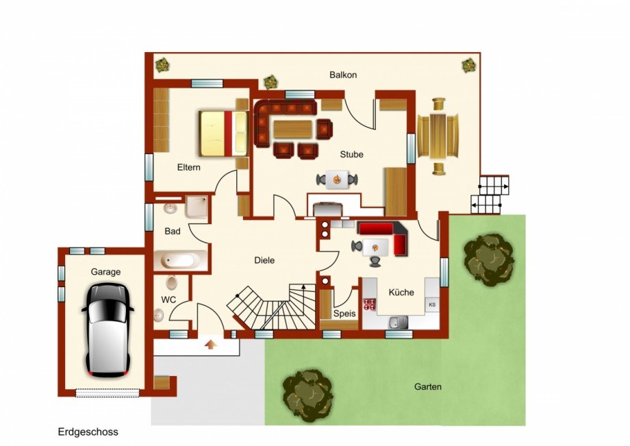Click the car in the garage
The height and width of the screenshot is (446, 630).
[108, 330]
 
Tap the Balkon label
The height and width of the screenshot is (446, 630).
[343, 75]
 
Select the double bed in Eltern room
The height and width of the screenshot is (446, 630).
[223, 133]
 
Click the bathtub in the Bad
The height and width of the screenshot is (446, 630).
[180, 260]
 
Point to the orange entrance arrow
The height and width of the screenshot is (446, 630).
[210, 345]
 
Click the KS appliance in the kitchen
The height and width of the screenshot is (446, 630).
[432, 304]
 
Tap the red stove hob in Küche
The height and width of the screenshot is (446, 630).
[370, 305]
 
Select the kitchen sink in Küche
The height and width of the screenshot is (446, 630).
[398, 321]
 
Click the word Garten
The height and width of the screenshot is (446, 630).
[428, 386]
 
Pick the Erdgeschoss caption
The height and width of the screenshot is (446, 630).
[88, 432]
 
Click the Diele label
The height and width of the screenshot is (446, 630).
[264, 260]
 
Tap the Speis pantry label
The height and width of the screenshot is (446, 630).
[344, 313]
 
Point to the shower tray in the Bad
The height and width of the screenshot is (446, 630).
[196, 206]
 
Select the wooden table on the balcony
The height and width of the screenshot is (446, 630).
[438, 136]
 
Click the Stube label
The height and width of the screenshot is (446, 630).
[351, 154]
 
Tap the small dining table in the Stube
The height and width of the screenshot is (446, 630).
[337, 179]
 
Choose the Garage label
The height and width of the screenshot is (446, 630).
[105, 272]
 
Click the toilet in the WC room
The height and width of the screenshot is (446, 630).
[172, 282]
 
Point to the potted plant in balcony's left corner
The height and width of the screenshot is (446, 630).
[163, 64]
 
